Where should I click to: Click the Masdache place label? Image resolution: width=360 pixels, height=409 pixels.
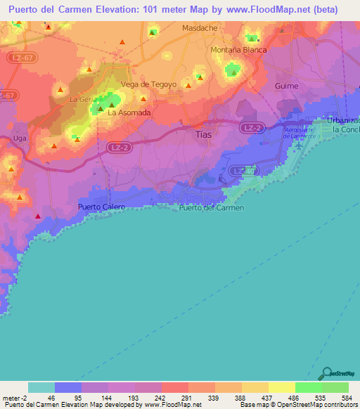200,29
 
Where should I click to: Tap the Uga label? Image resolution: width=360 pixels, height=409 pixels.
20,139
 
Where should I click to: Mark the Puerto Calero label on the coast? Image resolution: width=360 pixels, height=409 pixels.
101,207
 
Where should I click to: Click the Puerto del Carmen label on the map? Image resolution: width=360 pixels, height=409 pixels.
211,208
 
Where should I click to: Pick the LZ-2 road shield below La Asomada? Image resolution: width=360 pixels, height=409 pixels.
100,147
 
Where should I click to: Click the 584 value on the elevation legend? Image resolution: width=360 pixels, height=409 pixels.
348,398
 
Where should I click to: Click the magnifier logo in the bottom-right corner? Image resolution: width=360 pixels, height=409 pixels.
327,373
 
